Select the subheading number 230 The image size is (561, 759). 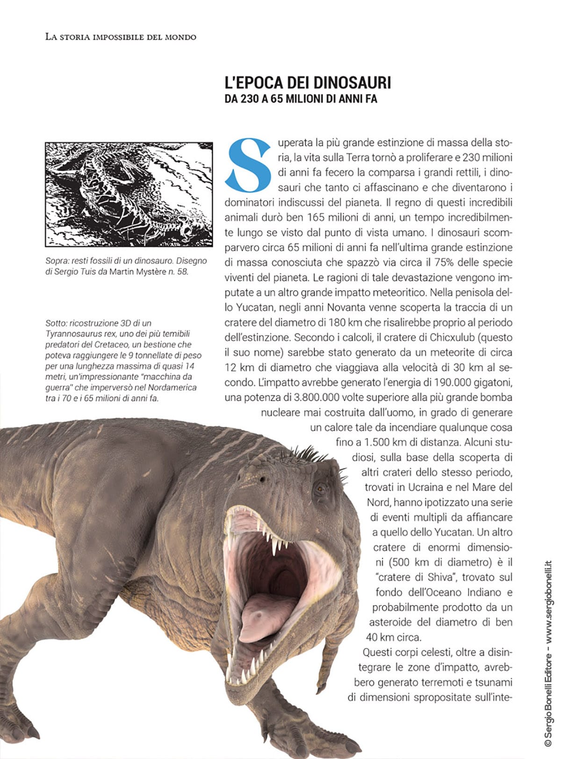pos(250,99)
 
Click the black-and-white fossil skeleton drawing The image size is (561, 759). pos(129,194)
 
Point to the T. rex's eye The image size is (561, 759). pos(321,489)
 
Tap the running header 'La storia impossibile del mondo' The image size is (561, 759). pos(121,37)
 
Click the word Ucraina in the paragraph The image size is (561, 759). pos(425,487)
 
